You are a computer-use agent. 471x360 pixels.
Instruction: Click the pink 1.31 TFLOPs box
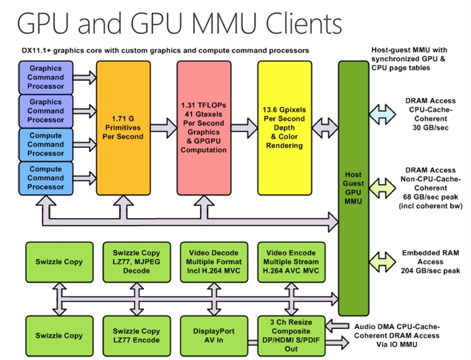pyautogui.click(x=203, y=128)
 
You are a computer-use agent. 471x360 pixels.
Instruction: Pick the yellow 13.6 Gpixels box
pyautogui.click(x=284, y=128)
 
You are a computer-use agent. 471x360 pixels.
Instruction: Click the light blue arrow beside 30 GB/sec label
pyautogui.click(x=381, y=112)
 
